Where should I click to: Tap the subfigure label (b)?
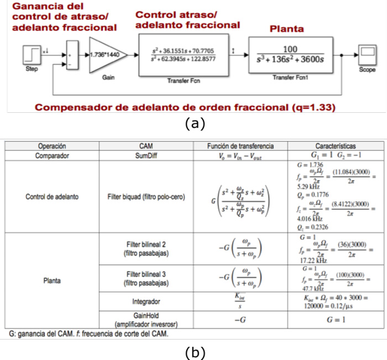193,352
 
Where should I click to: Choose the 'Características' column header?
335,147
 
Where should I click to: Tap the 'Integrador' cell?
143,302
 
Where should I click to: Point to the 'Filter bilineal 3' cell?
143,276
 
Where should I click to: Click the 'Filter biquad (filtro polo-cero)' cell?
143,196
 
